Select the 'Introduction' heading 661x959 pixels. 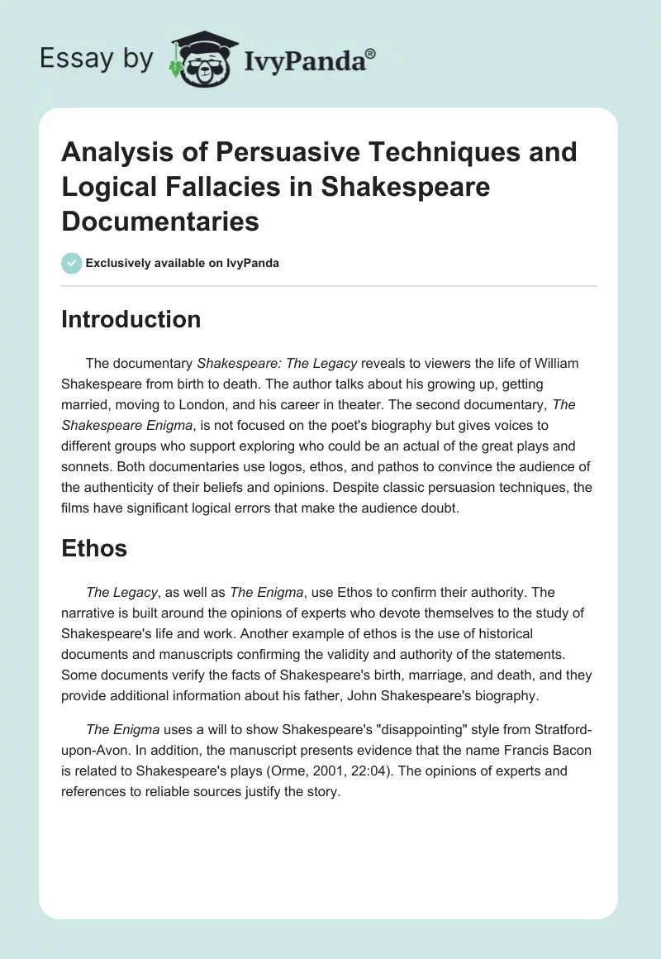(131, 320)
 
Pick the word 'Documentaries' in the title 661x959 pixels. (160, 221)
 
